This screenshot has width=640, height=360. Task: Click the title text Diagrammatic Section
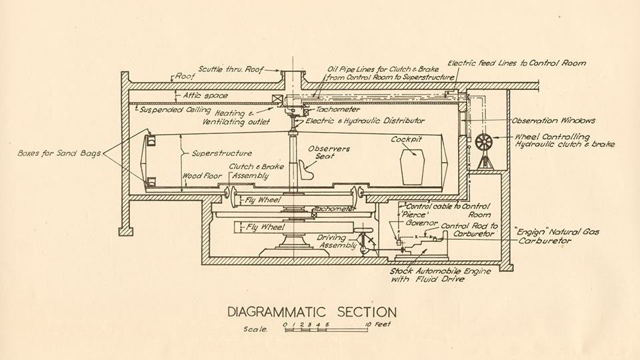[x=312, y=312]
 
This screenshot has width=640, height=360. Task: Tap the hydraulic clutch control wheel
[x=484, y=142]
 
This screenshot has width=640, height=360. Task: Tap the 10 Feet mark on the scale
[x=377, y=324]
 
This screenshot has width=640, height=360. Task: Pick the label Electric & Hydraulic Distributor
[x=366, y=121]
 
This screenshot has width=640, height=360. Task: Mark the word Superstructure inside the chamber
[x=212, y=153]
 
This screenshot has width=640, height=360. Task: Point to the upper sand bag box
[x=151, y=141]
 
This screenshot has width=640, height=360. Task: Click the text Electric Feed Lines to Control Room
[x=517, y=63]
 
